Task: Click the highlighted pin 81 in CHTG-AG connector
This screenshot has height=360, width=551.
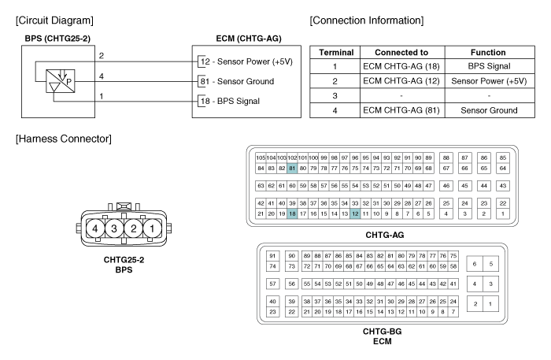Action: click(x=292, y=169)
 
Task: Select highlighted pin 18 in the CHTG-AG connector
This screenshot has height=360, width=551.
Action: click(x=292, y=213)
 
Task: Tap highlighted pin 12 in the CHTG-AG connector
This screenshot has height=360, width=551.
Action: click(x=355, y=213)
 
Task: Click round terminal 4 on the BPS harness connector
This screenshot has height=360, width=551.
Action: click(x=95, y=229)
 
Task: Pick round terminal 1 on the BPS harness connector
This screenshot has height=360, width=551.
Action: click(x=152, y=229)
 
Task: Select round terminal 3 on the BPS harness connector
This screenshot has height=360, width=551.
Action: click(x=114, y=229)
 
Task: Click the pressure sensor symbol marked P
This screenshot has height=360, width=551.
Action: click(x=61, y=81)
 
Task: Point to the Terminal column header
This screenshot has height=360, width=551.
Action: click(x=336, y=52)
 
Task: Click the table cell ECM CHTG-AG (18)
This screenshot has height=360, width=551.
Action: click(x=401, y=66)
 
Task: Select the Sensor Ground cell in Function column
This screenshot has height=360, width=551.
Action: click(x=489, y=110)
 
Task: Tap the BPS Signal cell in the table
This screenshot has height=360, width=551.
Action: click(x=489, y=66)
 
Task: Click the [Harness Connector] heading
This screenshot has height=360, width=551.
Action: click(x=64, y=139)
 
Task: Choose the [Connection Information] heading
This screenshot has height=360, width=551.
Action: click(x=367, y=20)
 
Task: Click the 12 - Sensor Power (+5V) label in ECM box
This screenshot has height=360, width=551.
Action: click(x=246, y=61)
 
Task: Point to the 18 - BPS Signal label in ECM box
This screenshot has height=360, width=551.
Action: click(x=230, y=102)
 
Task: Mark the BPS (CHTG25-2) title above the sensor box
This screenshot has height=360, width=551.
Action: click(x=57, y=39)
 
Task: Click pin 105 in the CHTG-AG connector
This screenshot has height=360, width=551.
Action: click(x=261, y=158)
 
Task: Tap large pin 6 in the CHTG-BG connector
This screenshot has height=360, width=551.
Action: click(x=475, y=264)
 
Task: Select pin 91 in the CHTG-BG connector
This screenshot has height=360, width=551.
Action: click(x=272, y=256)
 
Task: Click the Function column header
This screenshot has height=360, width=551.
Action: click(x=488, y=52)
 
